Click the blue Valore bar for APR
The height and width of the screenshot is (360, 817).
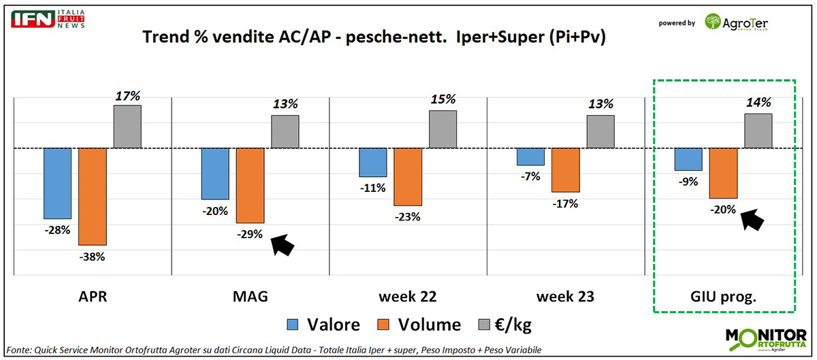(57, 182)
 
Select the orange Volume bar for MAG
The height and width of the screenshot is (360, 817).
(250, 185)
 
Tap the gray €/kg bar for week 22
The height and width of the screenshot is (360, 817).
(443, 129)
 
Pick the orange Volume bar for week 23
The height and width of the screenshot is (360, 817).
(565, 169)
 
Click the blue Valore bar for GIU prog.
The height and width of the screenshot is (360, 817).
(688, 159)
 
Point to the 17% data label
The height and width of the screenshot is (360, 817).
(127, 97)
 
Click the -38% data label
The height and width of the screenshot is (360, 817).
(92, 257)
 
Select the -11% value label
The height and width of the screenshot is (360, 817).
(373, 188)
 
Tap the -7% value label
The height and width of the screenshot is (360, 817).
(530, 176)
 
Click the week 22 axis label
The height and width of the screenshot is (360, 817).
(407, 297)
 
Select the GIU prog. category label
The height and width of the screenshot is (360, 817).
(724, 297)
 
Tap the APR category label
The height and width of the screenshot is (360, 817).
(92, 297)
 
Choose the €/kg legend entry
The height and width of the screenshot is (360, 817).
(504, 325)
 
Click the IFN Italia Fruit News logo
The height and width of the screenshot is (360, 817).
(45, 18)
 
